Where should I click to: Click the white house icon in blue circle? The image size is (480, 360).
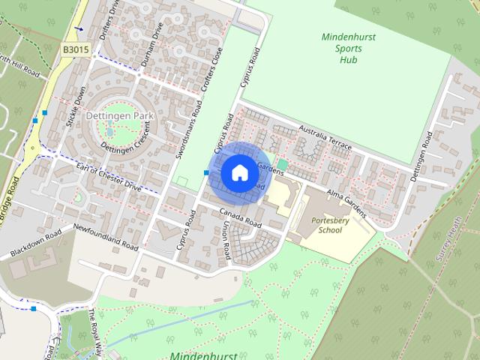(239, 172)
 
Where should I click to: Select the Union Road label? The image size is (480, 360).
(224, 241)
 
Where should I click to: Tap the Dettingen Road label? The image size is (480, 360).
(422, 155)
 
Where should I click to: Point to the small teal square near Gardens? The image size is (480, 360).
(282, 164)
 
